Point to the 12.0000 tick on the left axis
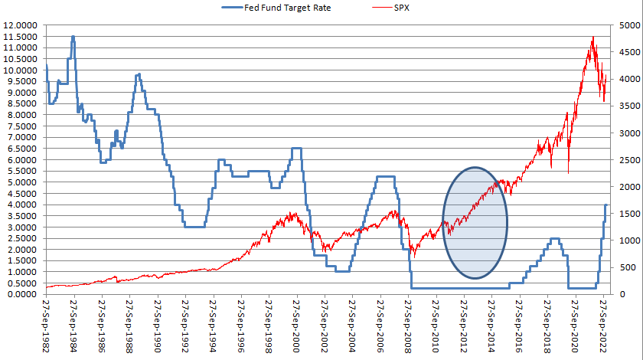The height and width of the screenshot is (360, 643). point(21,25)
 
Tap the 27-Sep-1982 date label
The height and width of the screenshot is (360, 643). point(47,326)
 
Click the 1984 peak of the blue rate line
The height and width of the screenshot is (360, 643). point(73,37)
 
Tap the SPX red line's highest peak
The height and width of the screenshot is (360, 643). point(593,37)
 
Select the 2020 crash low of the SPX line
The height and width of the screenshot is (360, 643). point(568,172)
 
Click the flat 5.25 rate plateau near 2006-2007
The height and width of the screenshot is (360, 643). point(385,177)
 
